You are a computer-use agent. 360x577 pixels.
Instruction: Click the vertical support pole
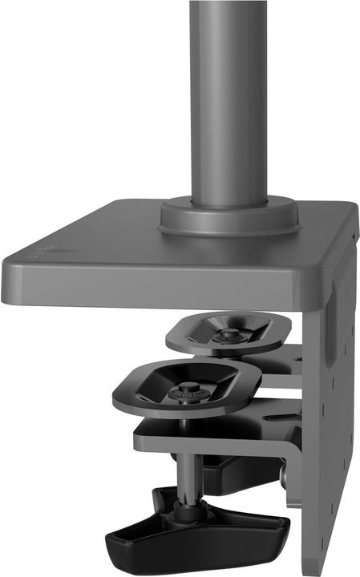(228, 96)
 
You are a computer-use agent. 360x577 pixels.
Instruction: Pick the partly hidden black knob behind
(241, 473)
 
